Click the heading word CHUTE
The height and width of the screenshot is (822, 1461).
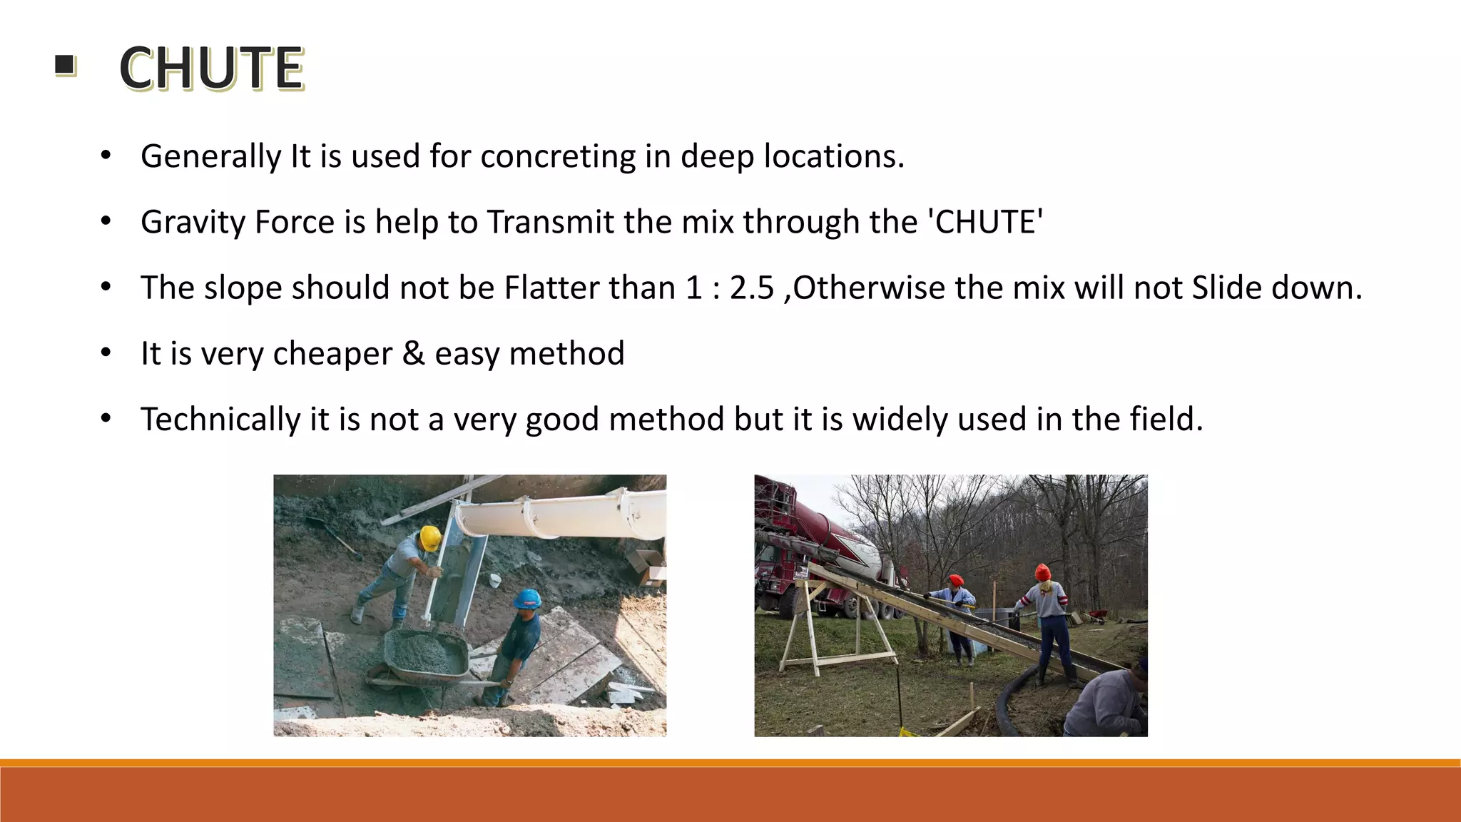211,68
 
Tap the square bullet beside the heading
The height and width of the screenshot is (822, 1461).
64,66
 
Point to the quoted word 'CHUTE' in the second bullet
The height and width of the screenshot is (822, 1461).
984,222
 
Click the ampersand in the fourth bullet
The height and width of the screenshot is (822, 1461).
413,353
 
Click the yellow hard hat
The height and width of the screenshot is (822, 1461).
429,537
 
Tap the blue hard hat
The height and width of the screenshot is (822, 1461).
528,598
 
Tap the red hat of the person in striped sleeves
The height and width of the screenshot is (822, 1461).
1042,572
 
